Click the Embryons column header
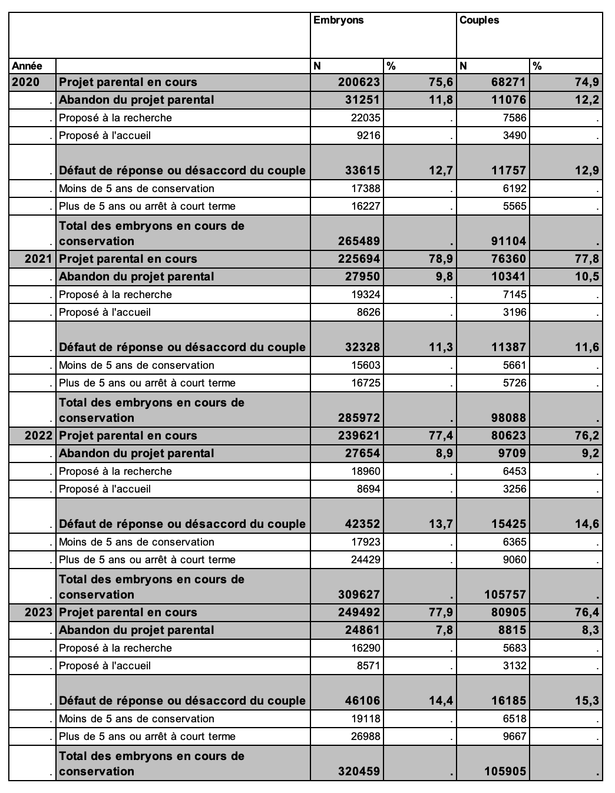(x=339, y=21)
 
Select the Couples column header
(x=479, y=21)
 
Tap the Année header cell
(x=27, y=66)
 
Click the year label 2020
(x=26, y=82)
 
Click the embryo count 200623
(x=359, y=82)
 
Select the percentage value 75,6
(x=441, y=82)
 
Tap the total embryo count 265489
(x=359, y=241)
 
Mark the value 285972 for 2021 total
(x=359, y=418)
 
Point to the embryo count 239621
(x=359, y=435)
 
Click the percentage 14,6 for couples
(x=587, y=524)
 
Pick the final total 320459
(x=359, y=771)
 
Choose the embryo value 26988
(x=365, y=736)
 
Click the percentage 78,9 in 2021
(x=441, y=259)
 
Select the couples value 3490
(x=514, y=136)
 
